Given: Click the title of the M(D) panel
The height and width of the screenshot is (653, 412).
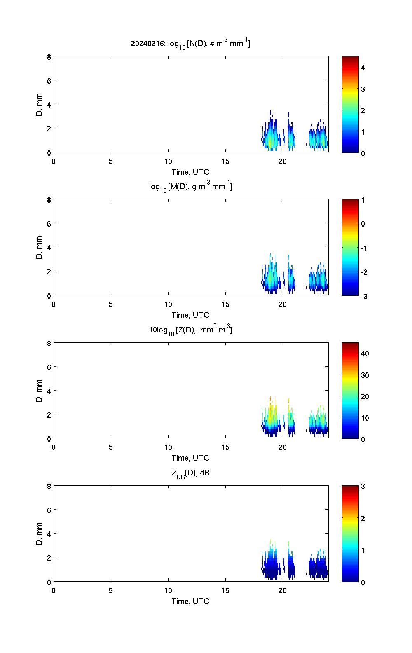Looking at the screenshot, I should coord(190,187).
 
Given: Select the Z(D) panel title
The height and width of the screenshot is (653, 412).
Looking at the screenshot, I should coord(190,330).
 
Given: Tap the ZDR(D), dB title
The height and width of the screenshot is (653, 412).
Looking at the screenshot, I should coord(190,473).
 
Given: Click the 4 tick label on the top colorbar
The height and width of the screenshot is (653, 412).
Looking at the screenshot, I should coord(363,68).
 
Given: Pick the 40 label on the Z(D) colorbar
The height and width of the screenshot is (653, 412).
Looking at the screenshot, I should coord(365,353).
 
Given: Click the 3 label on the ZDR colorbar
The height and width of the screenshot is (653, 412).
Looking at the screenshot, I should coord(363,487).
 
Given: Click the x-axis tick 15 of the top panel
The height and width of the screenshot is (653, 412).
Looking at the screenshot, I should coord(225,161).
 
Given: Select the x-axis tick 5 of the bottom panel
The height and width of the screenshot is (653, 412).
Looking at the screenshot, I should coord(111,590).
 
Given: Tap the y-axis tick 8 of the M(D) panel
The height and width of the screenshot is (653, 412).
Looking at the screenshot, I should coord(49,200).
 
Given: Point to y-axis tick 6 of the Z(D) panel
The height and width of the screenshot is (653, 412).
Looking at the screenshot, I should coord(49,367).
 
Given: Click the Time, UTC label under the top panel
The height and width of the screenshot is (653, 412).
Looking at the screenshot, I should coord(190,172).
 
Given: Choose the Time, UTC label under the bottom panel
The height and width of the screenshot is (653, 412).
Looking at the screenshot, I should coord(190,601).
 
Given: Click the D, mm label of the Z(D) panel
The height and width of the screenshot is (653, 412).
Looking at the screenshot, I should coord(40,391).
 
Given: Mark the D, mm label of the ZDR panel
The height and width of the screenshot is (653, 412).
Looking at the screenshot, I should coord(40,534).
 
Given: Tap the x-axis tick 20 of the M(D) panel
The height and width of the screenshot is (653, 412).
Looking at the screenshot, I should coord(283,304).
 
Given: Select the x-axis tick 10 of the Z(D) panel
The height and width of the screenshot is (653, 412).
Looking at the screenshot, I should coord(168,447).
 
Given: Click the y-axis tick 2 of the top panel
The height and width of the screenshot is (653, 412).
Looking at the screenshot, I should coord(49,129).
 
